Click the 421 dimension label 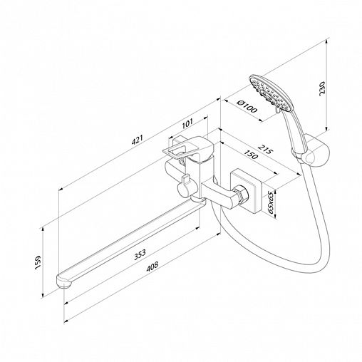tap(138, 140)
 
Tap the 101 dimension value tap(187, 123)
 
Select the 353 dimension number tap(140, 254)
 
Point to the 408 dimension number tap(152, 267)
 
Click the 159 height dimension tap(38, 262)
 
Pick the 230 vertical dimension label tap(322, 88)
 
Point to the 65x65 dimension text tap(271, 202)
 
